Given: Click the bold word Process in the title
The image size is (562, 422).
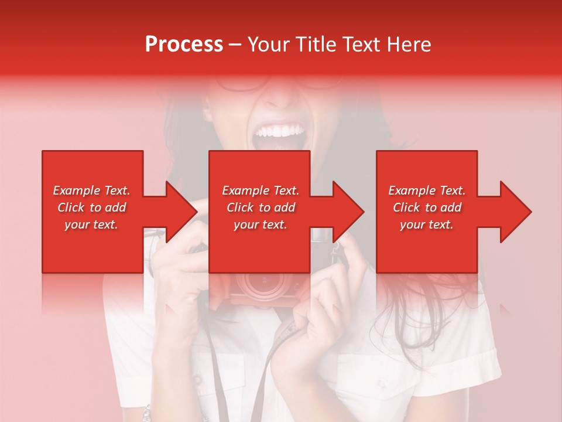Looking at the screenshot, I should click(184, 44).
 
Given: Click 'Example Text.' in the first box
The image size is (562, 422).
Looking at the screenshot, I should click(91, 190).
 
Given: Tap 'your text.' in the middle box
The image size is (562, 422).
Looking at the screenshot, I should click(260, 224).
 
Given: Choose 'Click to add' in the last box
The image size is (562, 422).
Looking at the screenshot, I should click(427, 207).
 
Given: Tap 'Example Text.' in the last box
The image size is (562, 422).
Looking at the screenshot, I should click(427, 190).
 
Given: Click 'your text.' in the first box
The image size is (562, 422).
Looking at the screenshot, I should click(91, 224).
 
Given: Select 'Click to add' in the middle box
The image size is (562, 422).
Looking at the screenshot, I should click(260, 207).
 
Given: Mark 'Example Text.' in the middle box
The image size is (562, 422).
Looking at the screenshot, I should click(260, 190).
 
